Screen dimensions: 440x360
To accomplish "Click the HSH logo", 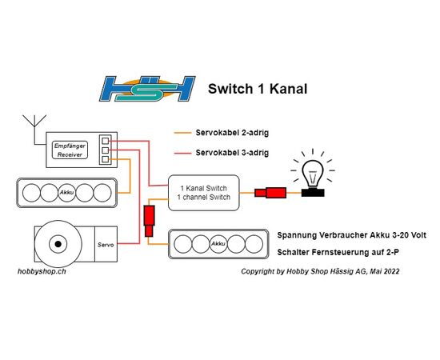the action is click(147, 89).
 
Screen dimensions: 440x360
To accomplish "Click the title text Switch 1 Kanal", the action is click(258, 89).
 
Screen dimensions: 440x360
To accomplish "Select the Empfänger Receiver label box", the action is click(70, 150).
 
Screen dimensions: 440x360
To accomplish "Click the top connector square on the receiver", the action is click(106, 141).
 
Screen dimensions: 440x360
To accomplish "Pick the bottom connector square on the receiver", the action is click(106, 159).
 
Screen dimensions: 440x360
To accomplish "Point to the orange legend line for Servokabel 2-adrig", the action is click(182, 133).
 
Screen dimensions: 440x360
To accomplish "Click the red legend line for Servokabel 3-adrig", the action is click(182, 154).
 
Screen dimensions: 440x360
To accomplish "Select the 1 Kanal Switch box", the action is click(204, 193).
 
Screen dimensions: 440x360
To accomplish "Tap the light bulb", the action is click(313, 174).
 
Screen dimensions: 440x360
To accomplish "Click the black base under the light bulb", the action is click(313, 193).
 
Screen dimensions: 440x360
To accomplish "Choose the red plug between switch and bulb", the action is click(270, 193).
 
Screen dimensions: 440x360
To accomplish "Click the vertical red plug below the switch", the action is click(149, 221).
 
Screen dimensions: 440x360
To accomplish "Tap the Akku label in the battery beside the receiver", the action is click(66, 193).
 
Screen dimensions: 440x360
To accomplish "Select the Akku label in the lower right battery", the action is click(218, 243).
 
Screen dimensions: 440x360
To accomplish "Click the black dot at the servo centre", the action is click(58, 244).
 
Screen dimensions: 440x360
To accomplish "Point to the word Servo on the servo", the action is click(106, 245).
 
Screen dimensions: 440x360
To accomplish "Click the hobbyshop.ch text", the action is click(42, 272).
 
